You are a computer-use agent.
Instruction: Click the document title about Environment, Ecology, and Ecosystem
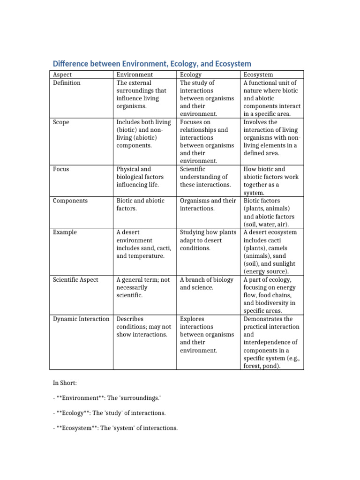click(x=151, y=63)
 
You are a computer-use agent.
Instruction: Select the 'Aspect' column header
click(x=62, y=75)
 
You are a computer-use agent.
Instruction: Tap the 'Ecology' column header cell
click(x=191, y=75)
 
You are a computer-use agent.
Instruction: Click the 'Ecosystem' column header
click(x=258, y=75)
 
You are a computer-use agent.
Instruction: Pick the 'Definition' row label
click(x=67, y=83)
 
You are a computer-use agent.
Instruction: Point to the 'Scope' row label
click(x=61, y=122)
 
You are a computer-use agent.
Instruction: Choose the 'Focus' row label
click(x=61, y=169)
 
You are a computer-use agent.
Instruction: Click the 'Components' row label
click(x=71, y=201)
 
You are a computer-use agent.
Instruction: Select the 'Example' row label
click(x=65, y=232)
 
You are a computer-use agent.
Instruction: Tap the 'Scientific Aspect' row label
click(x=75, y=279)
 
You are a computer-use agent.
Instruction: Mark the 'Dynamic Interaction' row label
click(x=80, y=319)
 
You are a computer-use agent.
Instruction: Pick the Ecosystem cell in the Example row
click(x=271, y=252)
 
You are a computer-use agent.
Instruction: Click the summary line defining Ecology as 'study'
click(x=109, y=413)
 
